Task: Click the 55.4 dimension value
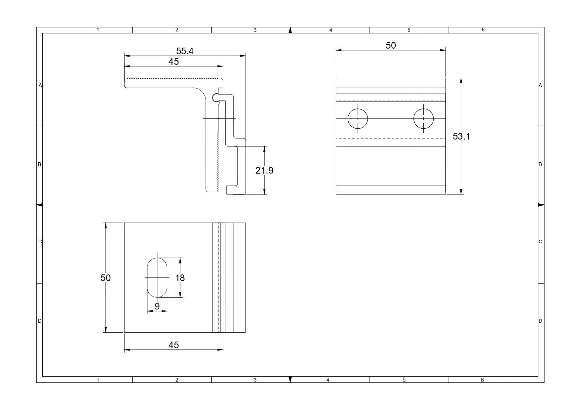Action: coord(185,51)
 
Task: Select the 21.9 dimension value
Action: coord(264,170)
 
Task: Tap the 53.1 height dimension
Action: coord(461,136)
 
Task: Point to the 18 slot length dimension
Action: coord(180,278)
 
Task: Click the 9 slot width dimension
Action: coord(157,306)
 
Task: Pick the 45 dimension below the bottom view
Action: coord(174,345)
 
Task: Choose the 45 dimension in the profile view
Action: coord(174,61)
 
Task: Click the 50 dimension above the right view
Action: coord(391,45)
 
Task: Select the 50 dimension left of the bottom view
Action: coord(106,278)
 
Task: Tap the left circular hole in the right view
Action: coord(358,119)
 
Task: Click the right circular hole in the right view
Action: coord(423,119)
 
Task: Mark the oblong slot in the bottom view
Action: coord(157,277)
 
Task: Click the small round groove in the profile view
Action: coord(215,98)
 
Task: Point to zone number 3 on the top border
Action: coord(255,30)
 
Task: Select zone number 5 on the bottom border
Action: coord(404,380)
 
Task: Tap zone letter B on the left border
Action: coord(40,164)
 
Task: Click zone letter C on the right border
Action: coord(540,242)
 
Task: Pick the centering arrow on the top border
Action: coord(290,30)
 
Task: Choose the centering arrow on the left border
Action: coord(39,205)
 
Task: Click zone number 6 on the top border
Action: coord(483,30)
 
